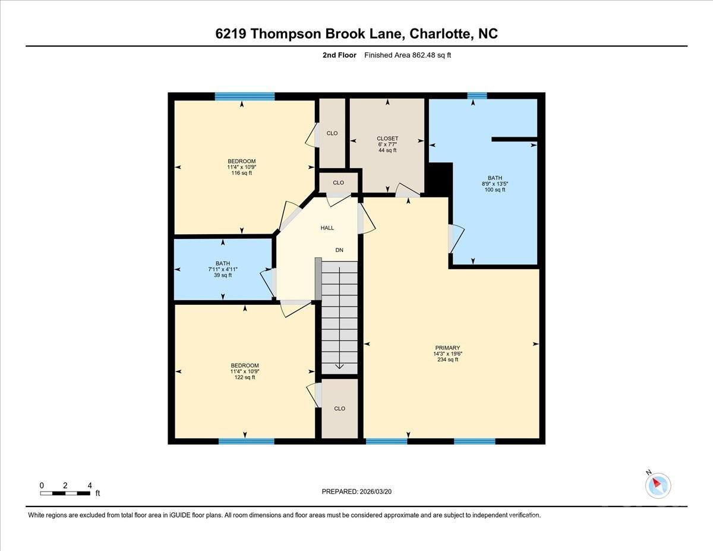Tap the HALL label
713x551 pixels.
coord(327,228)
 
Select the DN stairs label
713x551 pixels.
coord(339,250)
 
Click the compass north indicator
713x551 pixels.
coord(658,484)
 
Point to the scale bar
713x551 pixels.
coord(65,493)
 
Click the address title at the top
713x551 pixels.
coord(356,34)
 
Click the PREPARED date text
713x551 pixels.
coord(356,492)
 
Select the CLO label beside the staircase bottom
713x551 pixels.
coord(339,408)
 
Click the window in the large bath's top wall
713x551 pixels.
coord(477,96)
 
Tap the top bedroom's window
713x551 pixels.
coord(245,96)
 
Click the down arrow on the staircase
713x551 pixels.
coord(339,364)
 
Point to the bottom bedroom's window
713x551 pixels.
coord(247,441)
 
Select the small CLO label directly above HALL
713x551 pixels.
coord(338,182)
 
